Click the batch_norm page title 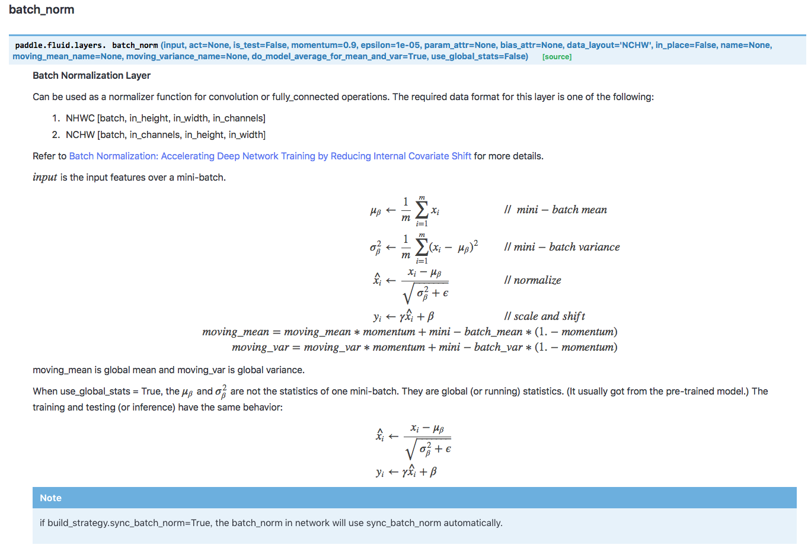[x=41, y=10]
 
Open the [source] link [x=557, y=57]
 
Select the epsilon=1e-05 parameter [x=390, y=45]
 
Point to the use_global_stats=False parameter [x=480, y=56]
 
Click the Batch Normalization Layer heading [x=91, y=75]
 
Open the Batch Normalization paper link [x=270, y=156]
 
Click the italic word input [x=45, y=177]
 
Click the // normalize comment [x=532, y=280]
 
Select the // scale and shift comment [x=544, y=316]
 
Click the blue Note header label [x=51, y=498]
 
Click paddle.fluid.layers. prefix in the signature [x=60, y=45]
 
